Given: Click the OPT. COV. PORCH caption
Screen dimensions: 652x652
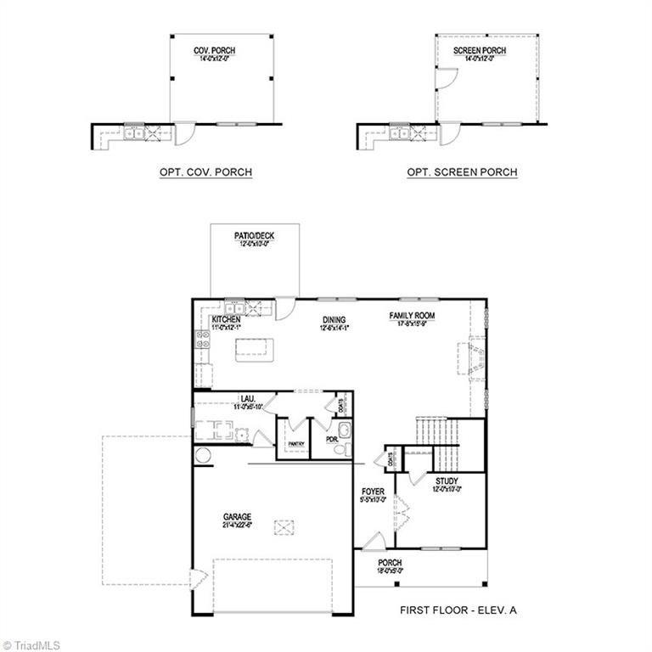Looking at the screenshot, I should coord(205,172).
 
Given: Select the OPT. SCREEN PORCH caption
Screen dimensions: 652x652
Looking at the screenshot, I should coord(462,172).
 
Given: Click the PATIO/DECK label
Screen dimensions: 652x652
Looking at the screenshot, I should coord(255,236).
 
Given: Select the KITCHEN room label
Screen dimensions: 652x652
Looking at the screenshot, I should coord(226,319).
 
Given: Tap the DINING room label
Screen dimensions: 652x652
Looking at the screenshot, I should coord(334,320).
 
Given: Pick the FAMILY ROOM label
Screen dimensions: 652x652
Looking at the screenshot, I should coord(412,316).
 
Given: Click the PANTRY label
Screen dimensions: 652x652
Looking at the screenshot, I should coord(295,444).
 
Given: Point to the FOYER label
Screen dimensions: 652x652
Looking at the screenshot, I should coord(374,492).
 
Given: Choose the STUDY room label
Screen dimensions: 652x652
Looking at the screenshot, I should coord(447,481).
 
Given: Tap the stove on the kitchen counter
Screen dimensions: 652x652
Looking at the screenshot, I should coord(204,340).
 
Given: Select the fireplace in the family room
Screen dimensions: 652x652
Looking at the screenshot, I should coord(474,358).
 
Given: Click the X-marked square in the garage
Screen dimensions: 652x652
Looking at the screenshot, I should coord(284,527).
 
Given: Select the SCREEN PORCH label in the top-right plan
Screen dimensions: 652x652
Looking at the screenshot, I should coord(479,51).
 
